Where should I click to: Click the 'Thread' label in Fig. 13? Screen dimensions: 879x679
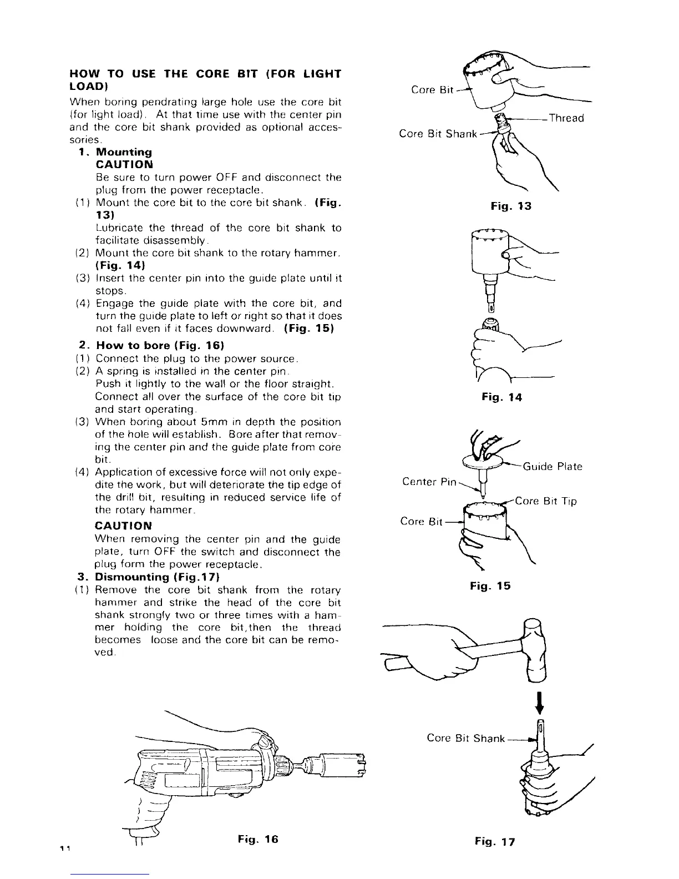click(566, 118)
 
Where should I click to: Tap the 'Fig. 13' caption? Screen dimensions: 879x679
click(511, 206)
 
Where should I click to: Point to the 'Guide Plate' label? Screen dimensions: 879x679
click(553, 467)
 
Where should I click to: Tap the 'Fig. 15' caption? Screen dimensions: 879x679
click(490, 586)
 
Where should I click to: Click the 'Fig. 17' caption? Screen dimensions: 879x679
click(495, 842)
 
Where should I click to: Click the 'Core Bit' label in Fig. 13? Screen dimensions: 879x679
click(433, 90)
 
